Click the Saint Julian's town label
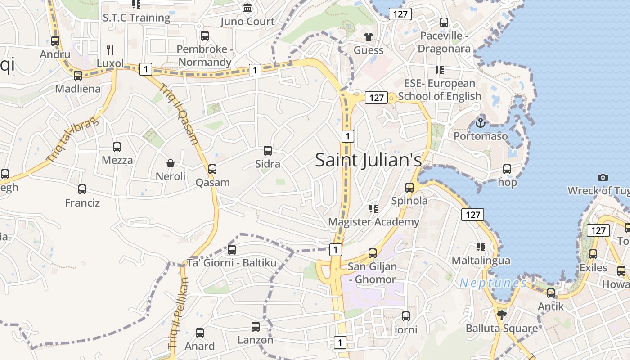pyautogui.click(x=368, y=160)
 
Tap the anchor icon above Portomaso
pyautogui.click(x=481, y=122)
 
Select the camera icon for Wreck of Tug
pyautogui.click(x=603, y=178)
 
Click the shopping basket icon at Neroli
pyautogui.click(x=171, y=163)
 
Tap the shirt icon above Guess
pyautogui.click(x=369, y=36)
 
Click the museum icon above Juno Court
pyautogui.click(x=247, y=8)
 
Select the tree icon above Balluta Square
pyautogui.click(x=502, y=315)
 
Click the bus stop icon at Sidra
pyautogui.click(x=268, y=151)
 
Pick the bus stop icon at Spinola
pyautogui.click(x=409, y=188)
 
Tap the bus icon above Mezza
pyautogui.click(x=117, y=147)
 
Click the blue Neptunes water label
pyautogui.click(x=493, y=283)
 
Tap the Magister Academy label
pyautogui.click(x=373, y=222)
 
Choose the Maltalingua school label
pyautogui.click(x=481, y=261)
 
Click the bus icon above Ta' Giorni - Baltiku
pyautogui.click(x=232, y=249)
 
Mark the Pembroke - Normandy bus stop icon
pyautogui.click(x=205, y=36)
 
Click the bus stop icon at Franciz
pyautogui.click(x=82, y=189)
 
